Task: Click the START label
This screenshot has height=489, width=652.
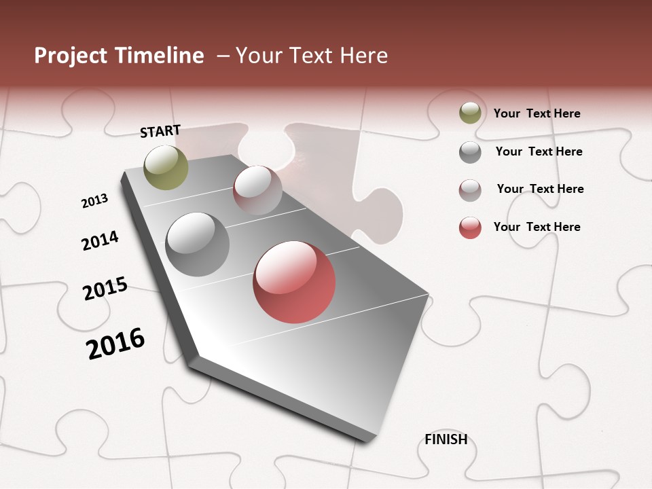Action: point(160,131)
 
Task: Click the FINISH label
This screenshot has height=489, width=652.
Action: point(446,439)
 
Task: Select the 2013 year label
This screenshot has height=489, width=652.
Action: point(94,201)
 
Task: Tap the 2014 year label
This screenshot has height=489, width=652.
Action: point(100,240)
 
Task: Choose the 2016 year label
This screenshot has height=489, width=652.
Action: point(115,343)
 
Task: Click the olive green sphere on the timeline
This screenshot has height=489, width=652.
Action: point(166,167)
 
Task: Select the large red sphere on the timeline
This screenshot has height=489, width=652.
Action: point(294,282)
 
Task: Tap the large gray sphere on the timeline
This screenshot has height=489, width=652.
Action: point(197,244)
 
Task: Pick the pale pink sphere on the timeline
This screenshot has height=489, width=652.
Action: point(257,190)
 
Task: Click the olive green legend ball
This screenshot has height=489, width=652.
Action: point(470,113)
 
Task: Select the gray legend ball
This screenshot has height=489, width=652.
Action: point(470,152)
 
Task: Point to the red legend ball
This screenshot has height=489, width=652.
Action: point(470,228)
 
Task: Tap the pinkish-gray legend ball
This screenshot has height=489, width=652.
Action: point(470,190)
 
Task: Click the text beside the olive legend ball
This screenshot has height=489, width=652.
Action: point(537,113)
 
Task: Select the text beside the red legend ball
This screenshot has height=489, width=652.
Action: point(537,227)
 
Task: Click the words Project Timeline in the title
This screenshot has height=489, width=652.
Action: point(119,56)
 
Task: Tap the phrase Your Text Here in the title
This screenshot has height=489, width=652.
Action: point(312,56)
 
